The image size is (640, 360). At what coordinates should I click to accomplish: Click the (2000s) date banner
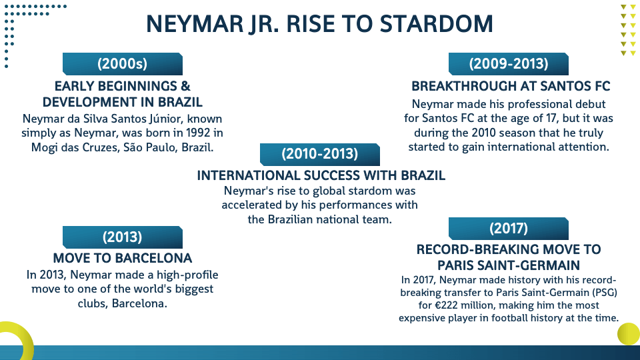[x=123, y=64]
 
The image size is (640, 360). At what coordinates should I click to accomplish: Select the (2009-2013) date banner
[x=509, y=64]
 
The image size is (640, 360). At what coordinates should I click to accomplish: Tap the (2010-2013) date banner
[x=319, y=154]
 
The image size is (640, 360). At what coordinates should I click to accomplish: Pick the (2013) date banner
[x=123, y=237]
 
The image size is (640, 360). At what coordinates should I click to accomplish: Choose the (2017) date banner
[x=509, y=229]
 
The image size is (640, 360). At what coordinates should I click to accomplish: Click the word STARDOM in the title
[x=436, y=24]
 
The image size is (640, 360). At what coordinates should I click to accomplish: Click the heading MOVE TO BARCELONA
[x=123, y=259]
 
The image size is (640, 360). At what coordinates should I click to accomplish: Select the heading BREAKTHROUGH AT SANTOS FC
[x=511, y=87]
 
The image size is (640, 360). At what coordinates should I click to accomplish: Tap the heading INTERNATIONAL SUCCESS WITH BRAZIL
[x=321, y=175]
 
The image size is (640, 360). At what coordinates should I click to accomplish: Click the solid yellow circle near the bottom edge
[x=629, y=334]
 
